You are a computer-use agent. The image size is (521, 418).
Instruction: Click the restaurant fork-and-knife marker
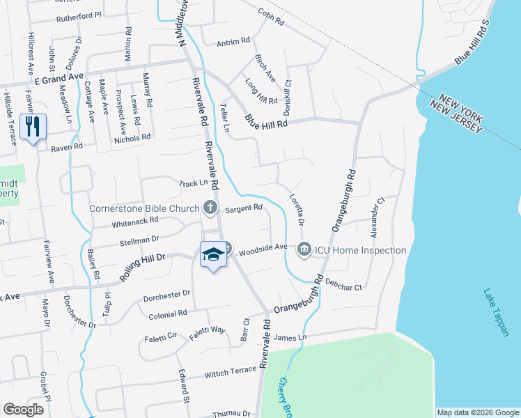coord(33,127)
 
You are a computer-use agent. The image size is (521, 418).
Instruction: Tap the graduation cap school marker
coord(212,255)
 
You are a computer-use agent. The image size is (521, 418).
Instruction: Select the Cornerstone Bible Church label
coord(144,208)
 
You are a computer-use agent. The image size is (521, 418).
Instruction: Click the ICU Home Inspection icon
coord(304,249)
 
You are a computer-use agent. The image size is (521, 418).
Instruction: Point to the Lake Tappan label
coord(496,313)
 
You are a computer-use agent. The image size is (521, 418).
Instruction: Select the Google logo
coord(24,410)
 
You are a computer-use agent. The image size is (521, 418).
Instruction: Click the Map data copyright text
coord(477,412)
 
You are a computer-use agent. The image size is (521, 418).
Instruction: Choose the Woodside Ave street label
coord(263,247)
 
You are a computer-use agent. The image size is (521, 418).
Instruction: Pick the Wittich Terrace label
coord(231,373)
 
